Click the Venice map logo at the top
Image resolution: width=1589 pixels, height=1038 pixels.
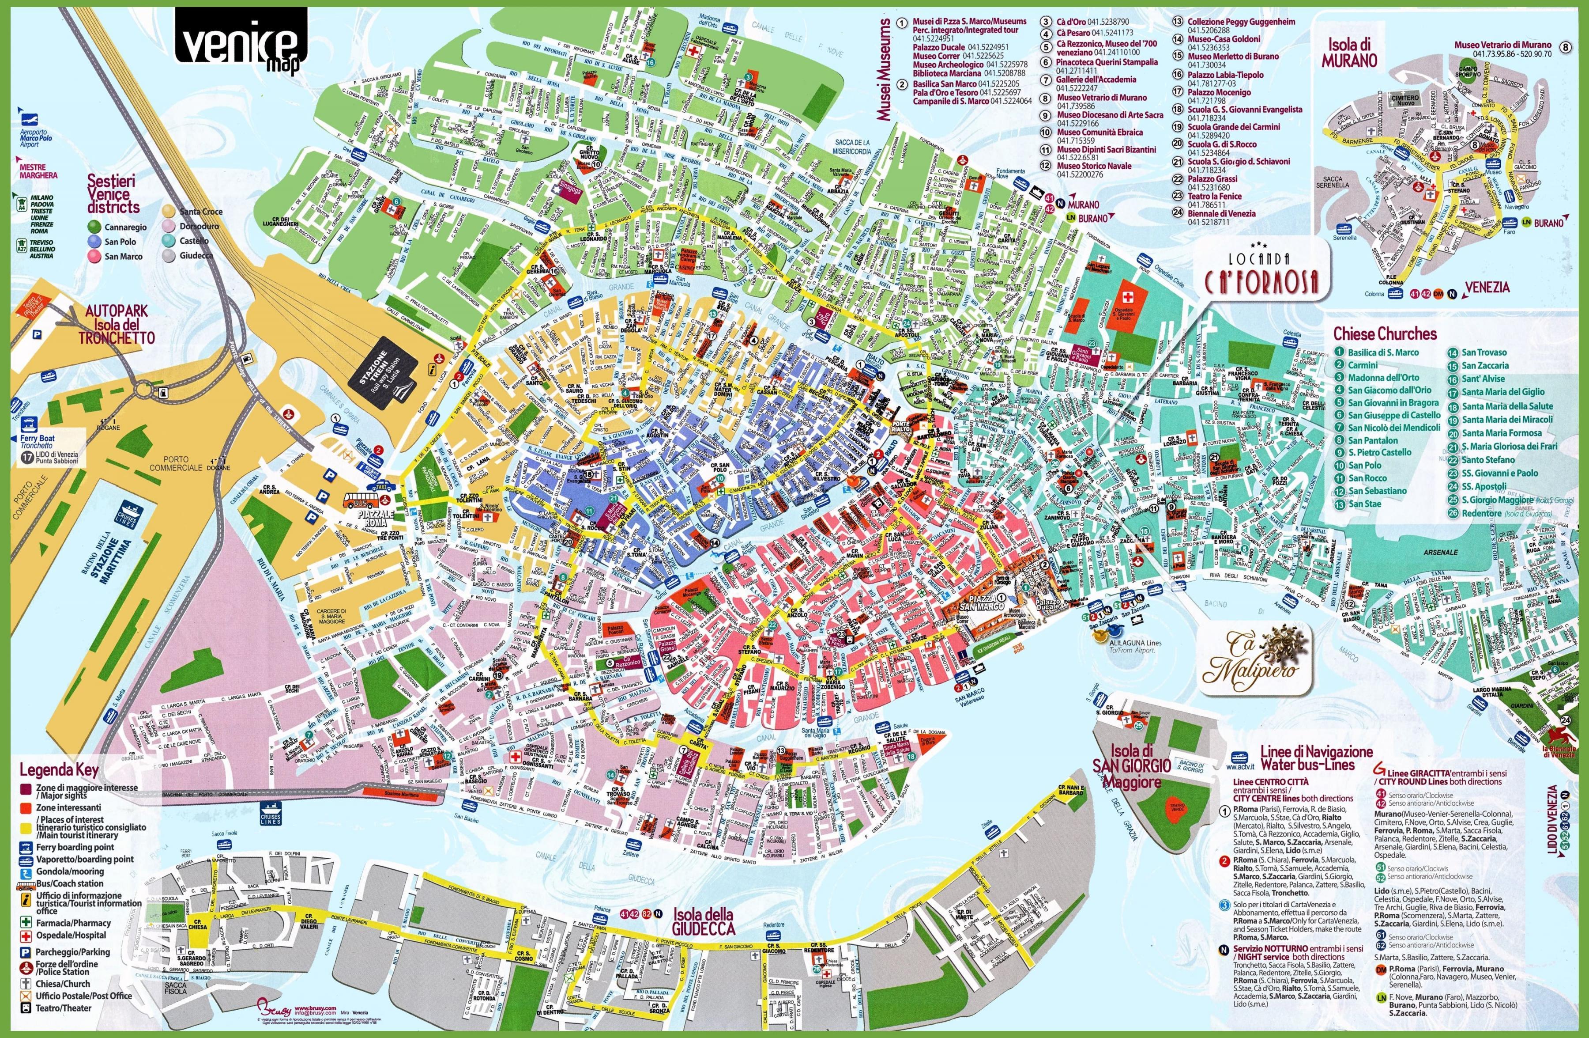pyautogui.click(x=241, y=42)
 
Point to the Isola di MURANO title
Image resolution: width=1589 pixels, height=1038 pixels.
pyautogui.click(x=1348, y=52)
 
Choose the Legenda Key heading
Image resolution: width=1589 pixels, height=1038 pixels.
pyautogui.click(x=59, y=769)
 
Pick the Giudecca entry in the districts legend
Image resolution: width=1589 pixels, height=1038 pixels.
pyautogui.click(x=196, y=256)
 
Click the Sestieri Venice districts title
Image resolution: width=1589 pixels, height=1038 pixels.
pyautogui.click(x=112, y=194)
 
